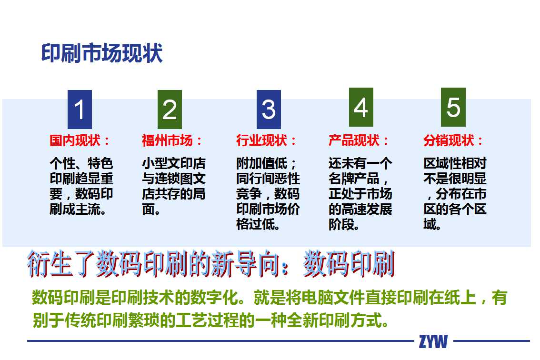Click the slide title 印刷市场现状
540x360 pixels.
[101, 53]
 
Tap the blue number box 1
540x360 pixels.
[80, 110]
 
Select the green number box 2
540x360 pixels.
[170, 110]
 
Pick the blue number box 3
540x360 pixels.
[269, 110]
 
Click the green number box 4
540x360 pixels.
[361, 107]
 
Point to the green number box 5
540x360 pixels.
[453, 107]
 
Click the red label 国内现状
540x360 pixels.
[75, 140]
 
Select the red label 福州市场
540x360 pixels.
[167, 140]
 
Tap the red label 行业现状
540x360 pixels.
[262, 140]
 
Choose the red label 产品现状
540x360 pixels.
[354, 140]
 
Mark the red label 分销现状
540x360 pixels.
[449, 140]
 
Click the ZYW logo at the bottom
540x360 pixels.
[433, 341]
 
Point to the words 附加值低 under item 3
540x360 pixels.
[262, 163]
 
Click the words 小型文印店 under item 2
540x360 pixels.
[174, 163]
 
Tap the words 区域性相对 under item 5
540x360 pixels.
[455, 163]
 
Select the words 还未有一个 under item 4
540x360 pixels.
[360, 163]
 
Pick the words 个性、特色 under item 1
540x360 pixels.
[81, 163]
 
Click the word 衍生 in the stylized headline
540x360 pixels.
[50, 264]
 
